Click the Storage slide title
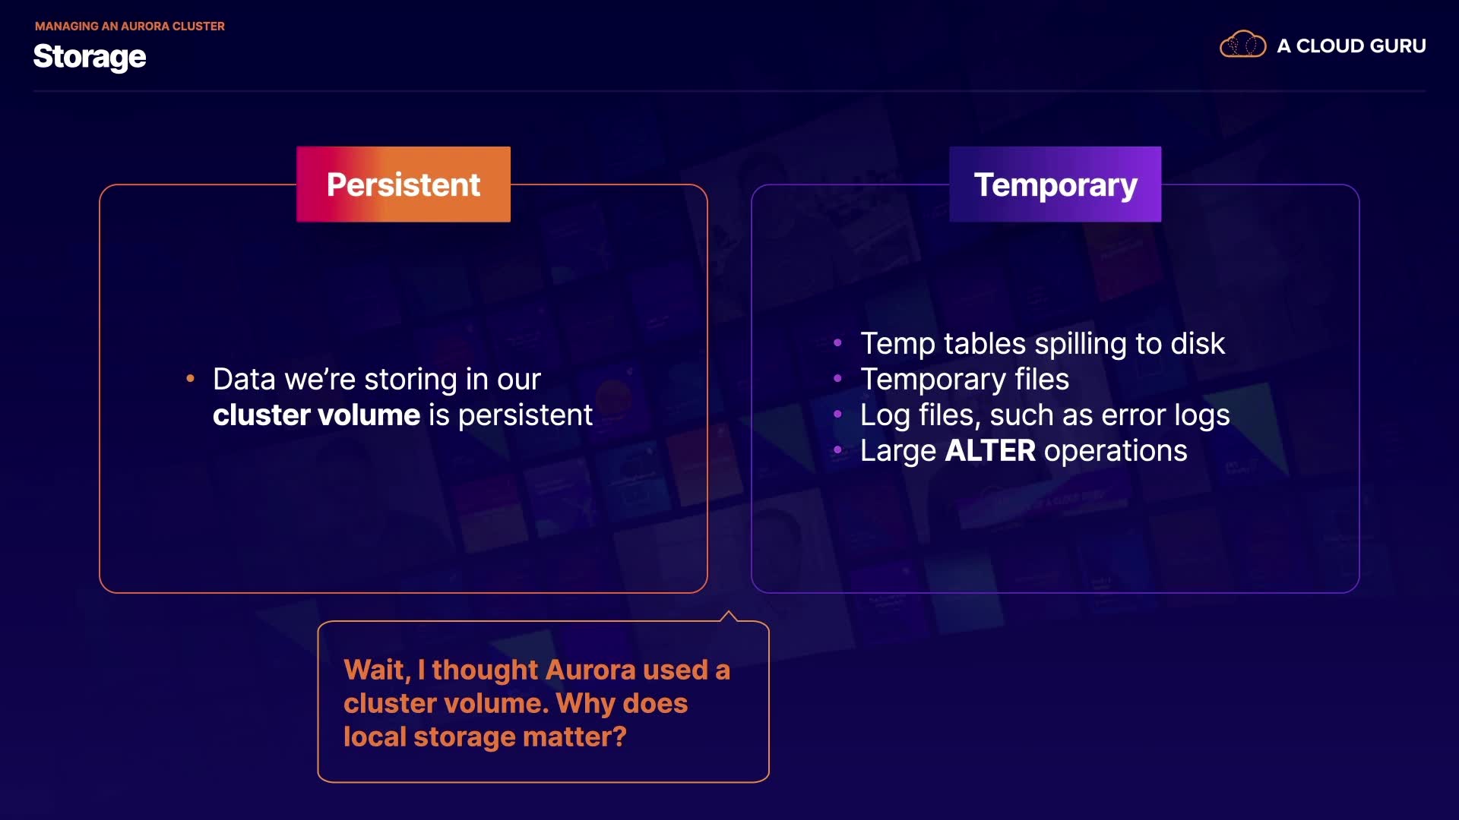pyautogui.click(x=90, y=57)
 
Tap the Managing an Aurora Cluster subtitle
pyautogui.click(x=130, y=26)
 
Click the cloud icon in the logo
pyautogui.click(x=1242, y=45)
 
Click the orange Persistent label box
pyautogui.click(x=404, y=184)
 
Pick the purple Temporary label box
pyautogui.click(x=1055, y=184)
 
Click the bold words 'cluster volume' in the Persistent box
pyautogui.click(x=316, y=415)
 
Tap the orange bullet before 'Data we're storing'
pyautogui.click(x=190, y=378)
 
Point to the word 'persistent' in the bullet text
pyautogui.click(x=525, y=416)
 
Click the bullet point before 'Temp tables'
pyautogui.click(x=837, y=343)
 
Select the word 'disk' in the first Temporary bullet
pyautogui.click(x=1198, y=344)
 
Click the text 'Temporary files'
pyautogui.click(x=964, y=380)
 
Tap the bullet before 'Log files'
pyautogui.click(x=837, y=415)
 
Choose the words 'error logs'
pyautogui.click(x=1165, y=416)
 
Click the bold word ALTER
pyautogui.click(x=990, y=451)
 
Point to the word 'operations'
pyautogui.click(x=1116, y=452)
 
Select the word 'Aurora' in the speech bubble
pyautogui.click(x=590, y=670)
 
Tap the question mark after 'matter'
pyautogui.click(x=619, y=736)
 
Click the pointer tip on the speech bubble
pyautogui.click(x=729, y=610)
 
